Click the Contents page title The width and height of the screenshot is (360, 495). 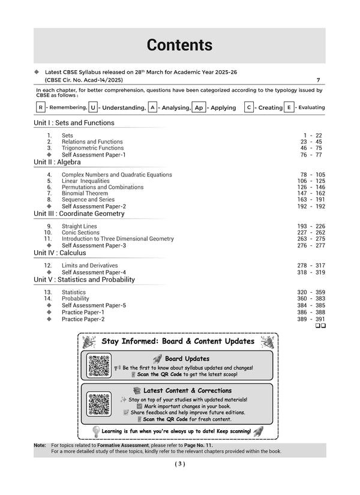pos(179,45)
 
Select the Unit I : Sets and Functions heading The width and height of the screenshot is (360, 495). pos(74,123)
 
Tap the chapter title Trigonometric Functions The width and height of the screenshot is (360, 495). pos(92,148)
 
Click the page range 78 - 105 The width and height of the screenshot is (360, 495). pos(311,175)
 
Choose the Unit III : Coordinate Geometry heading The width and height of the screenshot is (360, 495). pos(79,214)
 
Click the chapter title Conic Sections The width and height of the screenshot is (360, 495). pos(80,233)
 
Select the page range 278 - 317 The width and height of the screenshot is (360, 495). pos(311,265)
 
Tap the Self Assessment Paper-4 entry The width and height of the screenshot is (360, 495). pos(94,272)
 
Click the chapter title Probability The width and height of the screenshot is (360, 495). pos(75,298)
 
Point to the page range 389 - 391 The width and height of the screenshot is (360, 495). pos(311,319)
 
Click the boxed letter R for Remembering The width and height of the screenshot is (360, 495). pos(40,107)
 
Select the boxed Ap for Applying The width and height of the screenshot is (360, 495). pos(199,107)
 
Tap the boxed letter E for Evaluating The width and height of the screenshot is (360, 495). pos(290,107)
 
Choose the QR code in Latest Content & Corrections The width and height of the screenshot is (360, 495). pos(100,404)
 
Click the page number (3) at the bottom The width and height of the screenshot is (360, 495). pos(179,464)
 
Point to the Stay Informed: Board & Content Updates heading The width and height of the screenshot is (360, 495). pos(178,341)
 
